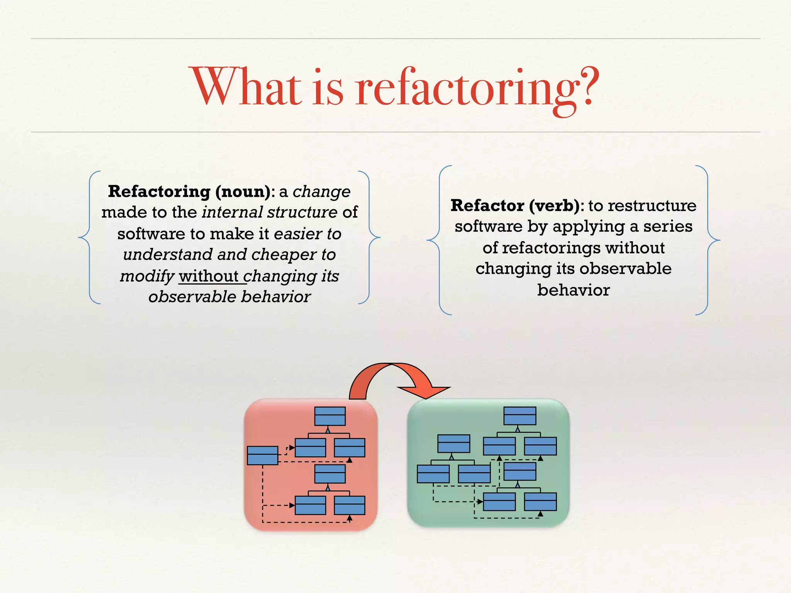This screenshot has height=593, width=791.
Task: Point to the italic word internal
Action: tap(233, 212)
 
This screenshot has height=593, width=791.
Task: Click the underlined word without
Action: tap(209, 276)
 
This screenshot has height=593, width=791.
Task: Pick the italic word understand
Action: tap(168, 255)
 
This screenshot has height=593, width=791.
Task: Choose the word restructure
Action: tap(652, 205)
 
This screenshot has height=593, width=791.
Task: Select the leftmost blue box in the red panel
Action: tap(262, 456)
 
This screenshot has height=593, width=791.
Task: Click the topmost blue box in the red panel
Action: tap(330, 416)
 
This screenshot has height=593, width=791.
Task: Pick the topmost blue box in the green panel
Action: tap(520, 416)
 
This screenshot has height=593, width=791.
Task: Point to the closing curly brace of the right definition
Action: tap(708, 240)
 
